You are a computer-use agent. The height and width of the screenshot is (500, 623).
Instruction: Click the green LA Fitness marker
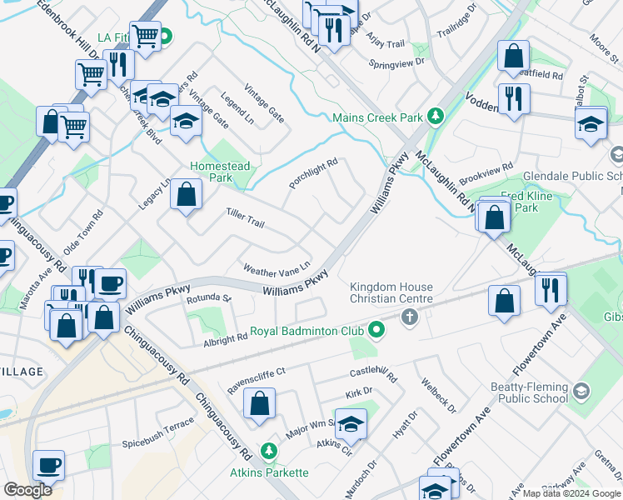pyautogui.click(x=165, y=37)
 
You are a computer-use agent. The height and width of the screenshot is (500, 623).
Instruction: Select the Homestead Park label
pyautogui.click(x=220, y=172)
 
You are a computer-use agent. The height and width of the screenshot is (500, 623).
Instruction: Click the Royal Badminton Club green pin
pyautogui.click(x=376, y=330)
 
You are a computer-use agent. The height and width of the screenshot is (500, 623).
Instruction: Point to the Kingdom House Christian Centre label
pyautogui.click(x=391, y=292)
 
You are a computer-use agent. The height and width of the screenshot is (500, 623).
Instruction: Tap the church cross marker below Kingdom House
pyautogui.click(x=408, y=317)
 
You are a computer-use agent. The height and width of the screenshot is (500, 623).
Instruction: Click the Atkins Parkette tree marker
pyautogui.click(x=268, y=452)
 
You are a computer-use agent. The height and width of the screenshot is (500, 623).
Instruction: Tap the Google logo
pyautogui.click(x=27, y=490)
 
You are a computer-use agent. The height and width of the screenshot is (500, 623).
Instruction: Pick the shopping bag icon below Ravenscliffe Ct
pyautogui.click(x=260, y=404)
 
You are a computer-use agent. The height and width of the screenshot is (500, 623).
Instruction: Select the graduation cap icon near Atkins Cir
pyautogui.click(x=351, y=423)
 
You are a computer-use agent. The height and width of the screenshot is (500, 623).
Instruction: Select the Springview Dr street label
pyautogui.click(x=397, y=62)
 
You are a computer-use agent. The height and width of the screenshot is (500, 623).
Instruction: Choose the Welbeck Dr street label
pyautogui.click(x=438, y=397)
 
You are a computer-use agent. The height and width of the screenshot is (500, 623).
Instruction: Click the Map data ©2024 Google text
pyautogui.click(x=571, y=493)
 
